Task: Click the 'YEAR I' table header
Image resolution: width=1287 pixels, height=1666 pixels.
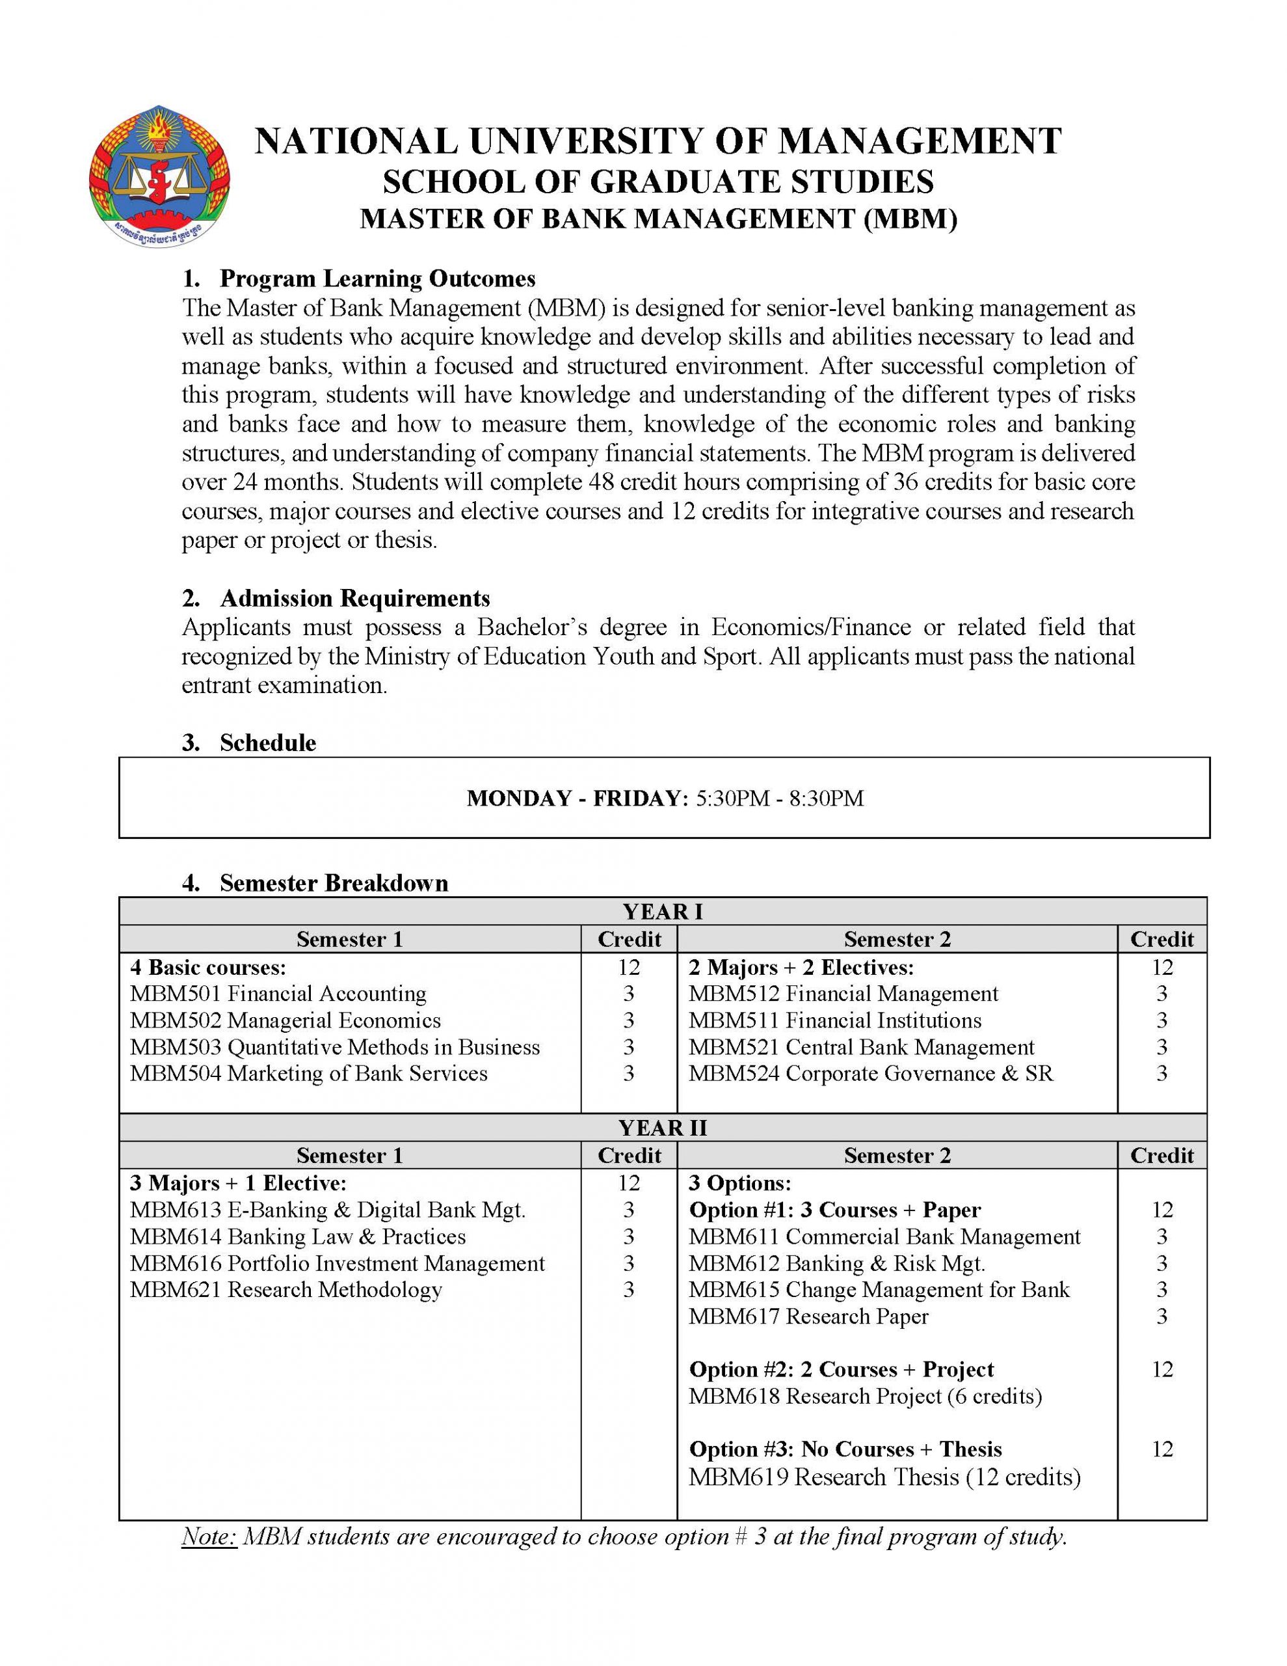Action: click(x=662, y=911)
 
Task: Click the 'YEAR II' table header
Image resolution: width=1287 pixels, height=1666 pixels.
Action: click(x=662, y=1127)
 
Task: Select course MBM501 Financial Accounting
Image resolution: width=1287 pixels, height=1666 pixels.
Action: click(x=278, y=993)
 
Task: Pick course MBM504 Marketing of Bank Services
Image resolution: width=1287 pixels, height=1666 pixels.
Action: click(x=308, y=1073)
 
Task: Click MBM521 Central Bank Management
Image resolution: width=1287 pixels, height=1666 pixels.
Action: click(x=861, y=1046)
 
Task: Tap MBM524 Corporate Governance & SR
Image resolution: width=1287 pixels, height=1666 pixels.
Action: click(x=870, y=1073)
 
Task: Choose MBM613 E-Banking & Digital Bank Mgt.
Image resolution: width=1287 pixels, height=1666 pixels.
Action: click(x=328, y=1210)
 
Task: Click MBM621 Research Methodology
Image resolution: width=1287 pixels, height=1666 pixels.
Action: click(x=286, y=1290)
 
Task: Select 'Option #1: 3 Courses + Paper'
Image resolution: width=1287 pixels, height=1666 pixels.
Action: click(x=835, y=1210)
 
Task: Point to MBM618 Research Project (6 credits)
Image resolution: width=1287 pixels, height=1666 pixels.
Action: click(x=864, y=1396)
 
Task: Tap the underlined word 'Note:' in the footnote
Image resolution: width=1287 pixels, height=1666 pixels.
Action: click(x=209, y=1536)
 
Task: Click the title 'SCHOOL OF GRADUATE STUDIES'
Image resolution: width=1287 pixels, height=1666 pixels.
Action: click(x=657, y=182)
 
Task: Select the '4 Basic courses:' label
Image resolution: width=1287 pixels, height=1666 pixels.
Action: click(x=208, y=967)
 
